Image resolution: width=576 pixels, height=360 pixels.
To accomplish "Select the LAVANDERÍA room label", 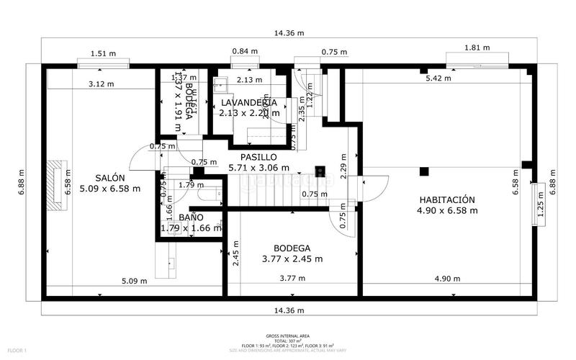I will click(249, 102).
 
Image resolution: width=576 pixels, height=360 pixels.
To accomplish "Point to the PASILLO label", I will click(258, 156).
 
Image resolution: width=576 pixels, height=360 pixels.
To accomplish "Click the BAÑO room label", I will click(191, 217).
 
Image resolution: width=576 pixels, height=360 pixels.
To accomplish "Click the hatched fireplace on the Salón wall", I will click(56, 185).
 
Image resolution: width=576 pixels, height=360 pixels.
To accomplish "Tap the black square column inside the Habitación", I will click(424, 171).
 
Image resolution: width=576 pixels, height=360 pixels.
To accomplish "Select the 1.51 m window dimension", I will click(103, 53).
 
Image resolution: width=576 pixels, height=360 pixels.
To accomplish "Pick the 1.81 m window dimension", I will click(477, 48).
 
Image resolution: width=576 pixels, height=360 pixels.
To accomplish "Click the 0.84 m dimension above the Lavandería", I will click(244, 51).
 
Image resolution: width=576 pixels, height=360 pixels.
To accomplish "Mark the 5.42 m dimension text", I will click(438, 78).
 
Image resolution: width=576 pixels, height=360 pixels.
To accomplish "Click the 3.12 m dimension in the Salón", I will click(101, 84).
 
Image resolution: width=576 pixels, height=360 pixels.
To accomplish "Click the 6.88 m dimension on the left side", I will click(22, 182).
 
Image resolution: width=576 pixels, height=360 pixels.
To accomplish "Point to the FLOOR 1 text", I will click(15, 351).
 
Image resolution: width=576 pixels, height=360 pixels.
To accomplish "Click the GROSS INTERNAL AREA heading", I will click(287, 336).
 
